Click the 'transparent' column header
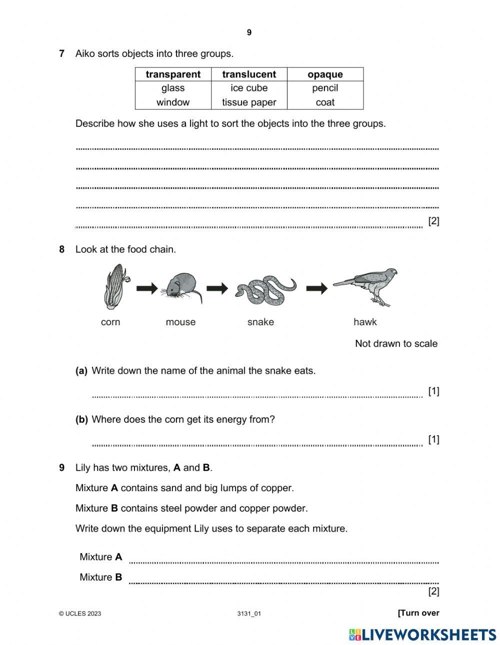173,74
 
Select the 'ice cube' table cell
249,88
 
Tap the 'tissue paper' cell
249,102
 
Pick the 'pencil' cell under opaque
325,88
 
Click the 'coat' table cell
325,102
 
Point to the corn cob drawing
115,286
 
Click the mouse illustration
181,287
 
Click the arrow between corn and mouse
147,288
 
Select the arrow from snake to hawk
317,288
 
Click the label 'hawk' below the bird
365,322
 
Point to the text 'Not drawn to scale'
396,344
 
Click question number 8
62,249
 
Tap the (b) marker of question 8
81,420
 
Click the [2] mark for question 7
433,221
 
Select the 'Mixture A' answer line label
100,557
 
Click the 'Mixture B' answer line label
100,578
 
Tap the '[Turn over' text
418,613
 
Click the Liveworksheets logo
422,635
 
